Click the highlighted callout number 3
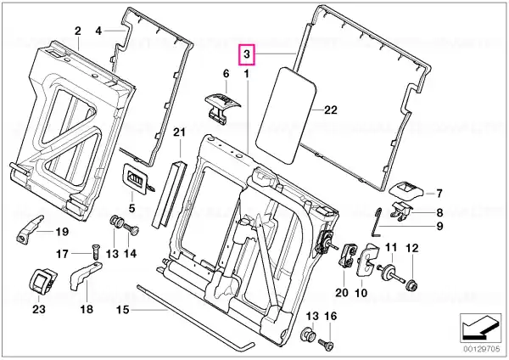pos(247,54)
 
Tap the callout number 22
pos(331,110)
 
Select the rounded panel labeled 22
pos(286,115)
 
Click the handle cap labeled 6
pos(223,108)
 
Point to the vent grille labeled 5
pos(136,178)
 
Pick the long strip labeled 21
pos(169,193)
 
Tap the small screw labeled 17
pos(96,252)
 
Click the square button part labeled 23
pos(42,281)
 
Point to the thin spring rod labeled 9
pos(377,222)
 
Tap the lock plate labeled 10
pos(368,260)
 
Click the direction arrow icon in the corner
pos(481,328)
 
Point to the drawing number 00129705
pos(481,350)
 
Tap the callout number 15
pos(123,310)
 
